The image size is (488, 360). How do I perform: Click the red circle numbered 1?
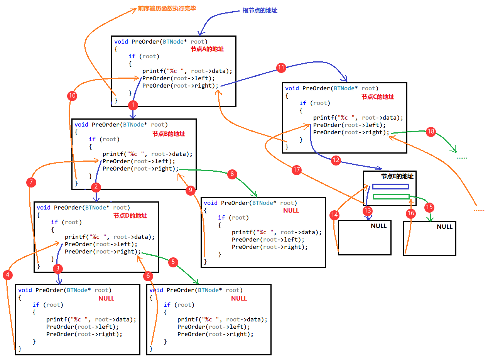133,105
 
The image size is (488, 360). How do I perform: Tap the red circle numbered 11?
281,68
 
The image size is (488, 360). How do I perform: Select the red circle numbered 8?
231,174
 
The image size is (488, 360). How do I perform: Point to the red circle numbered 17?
296,169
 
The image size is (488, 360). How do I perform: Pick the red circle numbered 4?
7,275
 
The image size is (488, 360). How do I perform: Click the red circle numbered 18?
431,132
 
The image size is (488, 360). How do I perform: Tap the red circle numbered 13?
368,211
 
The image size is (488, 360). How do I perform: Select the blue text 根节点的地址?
260,11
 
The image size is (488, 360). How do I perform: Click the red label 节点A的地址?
207,49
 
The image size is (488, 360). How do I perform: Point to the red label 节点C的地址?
378,97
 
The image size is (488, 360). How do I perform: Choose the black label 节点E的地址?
397,176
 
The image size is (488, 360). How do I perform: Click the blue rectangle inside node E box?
390,186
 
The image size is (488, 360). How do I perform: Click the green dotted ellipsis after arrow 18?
462,158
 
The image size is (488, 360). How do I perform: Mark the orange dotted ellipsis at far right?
479,210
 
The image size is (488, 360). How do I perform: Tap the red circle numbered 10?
72,96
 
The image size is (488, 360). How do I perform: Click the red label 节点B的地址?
169,134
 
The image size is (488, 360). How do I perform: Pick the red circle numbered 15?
429,207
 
